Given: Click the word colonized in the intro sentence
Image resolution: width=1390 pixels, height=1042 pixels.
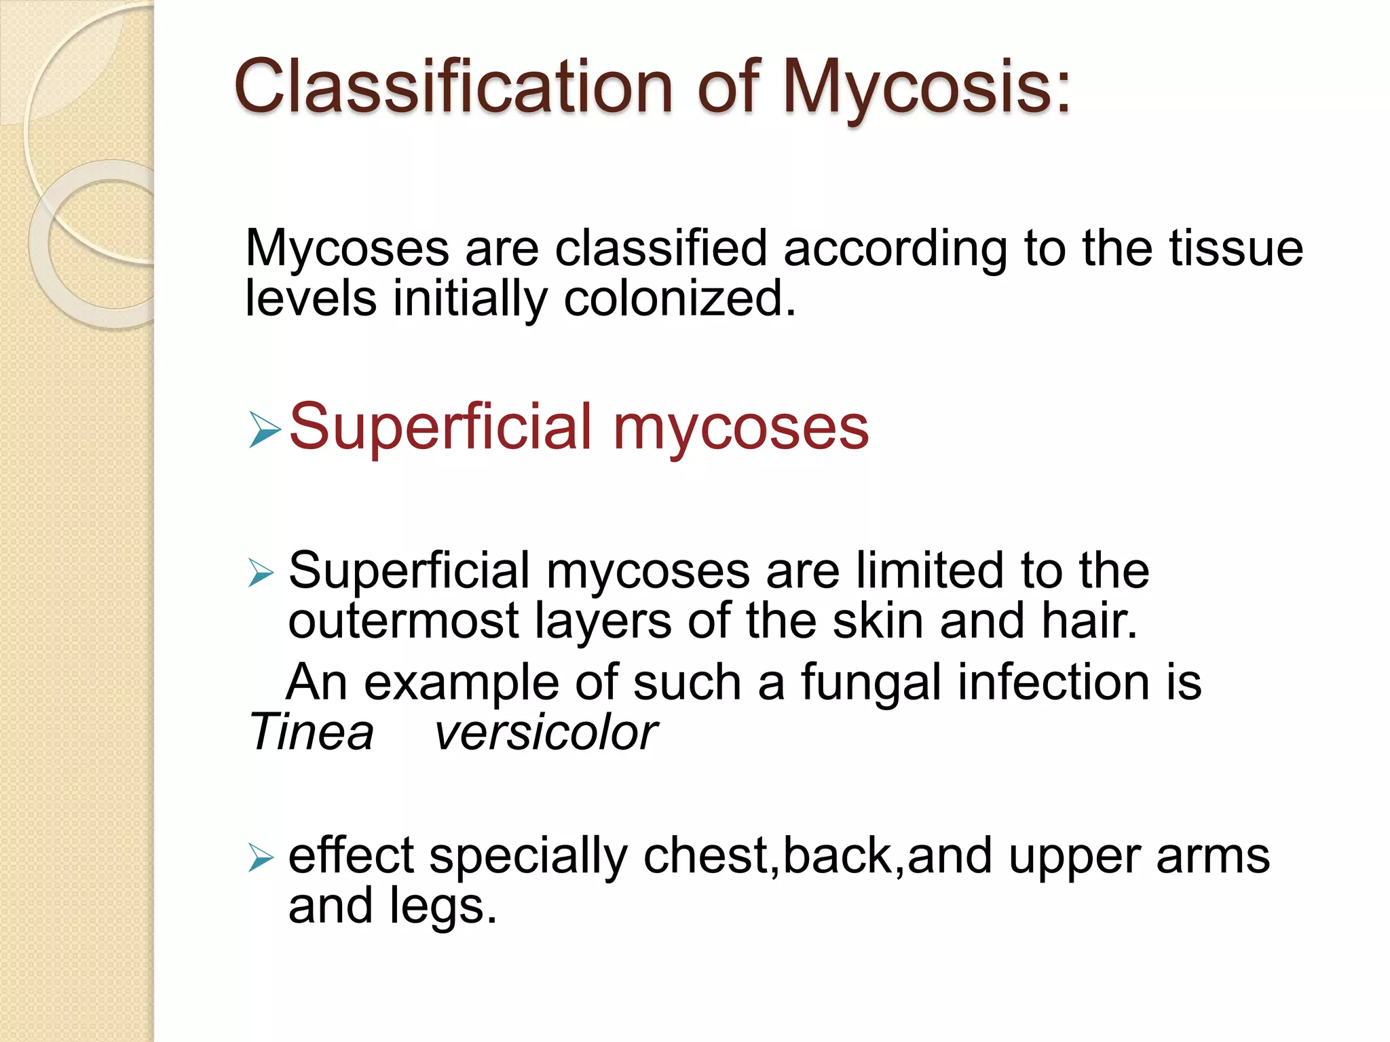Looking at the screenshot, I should (x=679, y=299).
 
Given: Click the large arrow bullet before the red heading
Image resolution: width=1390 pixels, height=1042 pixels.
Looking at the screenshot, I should (x=265, y=429).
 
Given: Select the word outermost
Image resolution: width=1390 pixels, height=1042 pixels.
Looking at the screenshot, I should (x=403, y=621).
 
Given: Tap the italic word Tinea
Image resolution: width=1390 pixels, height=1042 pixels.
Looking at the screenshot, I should (x=312, y=733).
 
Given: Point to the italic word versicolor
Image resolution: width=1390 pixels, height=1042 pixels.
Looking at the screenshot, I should (x=546, y=733).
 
